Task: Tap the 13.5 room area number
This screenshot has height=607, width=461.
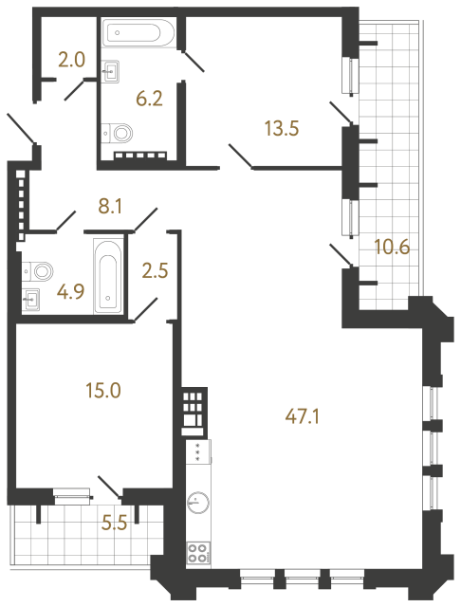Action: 281,130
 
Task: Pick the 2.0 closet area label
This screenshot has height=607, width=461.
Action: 71,60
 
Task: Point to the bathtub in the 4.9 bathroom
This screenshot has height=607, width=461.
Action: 107,275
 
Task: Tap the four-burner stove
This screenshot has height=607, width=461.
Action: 199,552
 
